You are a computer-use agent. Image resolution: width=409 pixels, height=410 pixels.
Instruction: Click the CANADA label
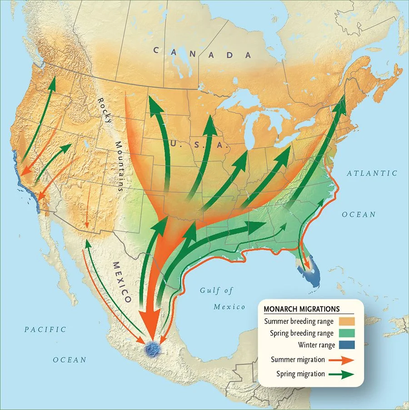(x=202, y=52)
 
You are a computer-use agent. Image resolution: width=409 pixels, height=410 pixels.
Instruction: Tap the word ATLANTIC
(x=372, y=173)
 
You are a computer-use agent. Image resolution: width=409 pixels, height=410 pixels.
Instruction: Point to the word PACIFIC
(x=45, y=329)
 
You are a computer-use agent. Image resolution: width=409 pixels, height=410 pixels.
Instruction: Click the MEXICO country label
(x=121, y=282)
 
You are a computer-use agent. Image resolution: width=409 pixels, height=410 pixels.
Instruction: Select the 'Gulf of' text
(x=216, y=290)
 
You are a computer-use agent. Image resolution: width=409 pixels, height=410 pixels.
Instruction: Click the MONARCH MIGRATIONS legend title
(x=302, y=309)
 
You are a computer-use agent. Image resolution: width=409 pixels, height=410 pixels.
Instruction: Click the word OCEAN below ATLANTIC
(x=359, y=214)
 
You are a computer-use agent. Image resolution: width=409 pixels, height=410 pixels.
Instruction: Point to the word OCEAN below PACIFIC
(x=70, y=360)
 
